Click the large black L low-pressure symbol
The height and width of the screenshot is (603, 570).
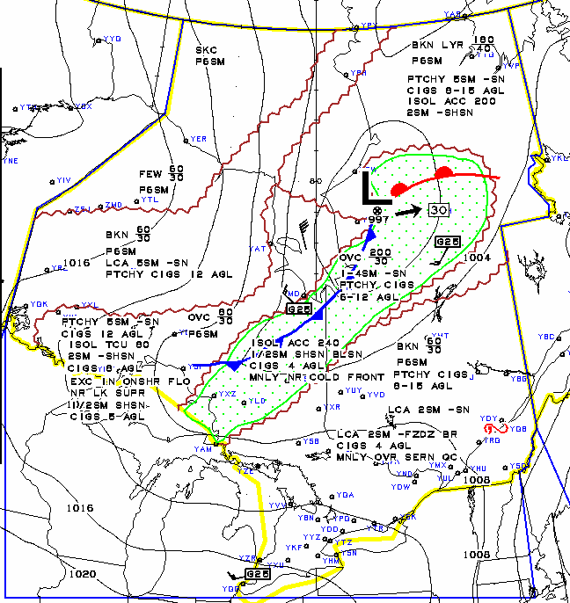(x=369, y=187)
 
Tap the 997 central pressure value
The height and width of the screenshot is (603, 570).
(x=378, y=220)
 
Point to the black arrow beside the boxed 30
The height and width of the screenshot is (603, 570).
(x=407, y=211)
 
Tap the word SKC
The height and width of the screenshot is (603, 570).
(x=206, y=50)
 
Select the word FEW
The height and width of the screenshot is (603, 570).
(x=150, y=174)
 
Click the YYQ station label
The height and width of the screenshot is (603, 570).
(x=112, y=39)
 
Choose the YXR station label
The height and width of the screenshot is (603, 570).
(x=332, y=407)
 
